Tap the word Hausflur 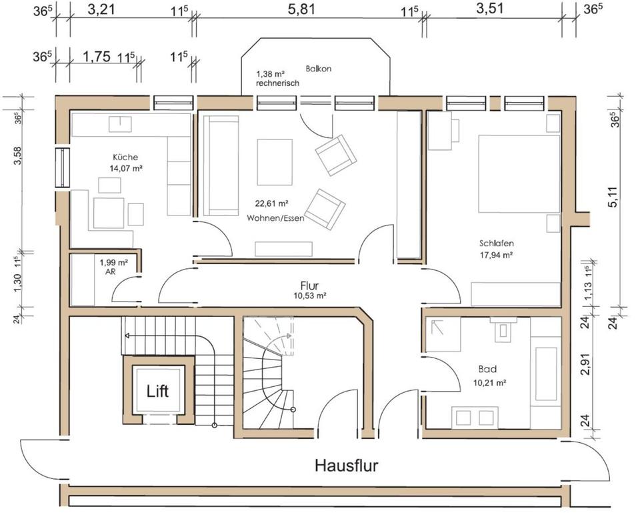tap(346, 465)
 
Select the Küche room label tap(125, 157)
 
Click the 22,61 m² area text tap(271, 204)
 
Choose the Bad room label tap(487, 369)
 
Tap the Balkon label tap(318, 69)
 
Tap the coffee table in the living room tap(275, 161)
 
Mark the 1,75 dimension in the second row tap(97, 57)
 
